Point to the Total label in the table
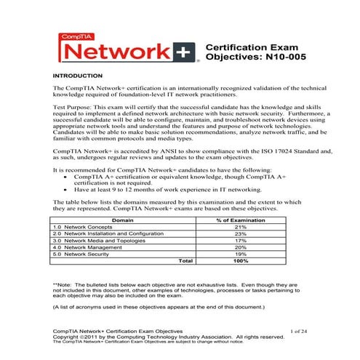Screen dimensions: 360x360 (186, 260)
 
